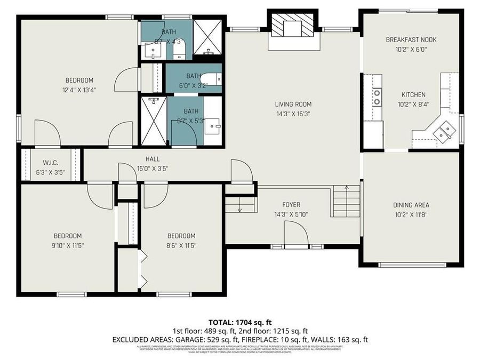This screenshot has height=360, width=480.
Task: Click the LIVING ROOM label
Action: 293,104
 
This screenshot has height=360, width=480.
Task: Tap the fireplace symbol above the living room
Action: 292,26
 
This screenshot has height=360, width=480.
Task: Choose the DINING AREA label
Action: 411,205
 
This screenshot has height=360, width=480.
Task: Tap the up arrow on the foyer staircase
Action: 347,187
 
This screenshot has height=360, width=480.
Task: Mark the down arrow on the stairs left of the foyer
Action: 239,209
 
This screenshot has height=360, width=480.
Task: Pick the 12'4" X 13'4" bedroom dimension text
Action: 79,90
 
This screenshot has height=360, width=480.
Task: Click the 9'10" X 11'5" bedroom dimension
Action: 67,245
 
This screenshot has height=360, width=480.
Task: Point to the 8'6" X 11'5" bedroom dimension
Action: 181,245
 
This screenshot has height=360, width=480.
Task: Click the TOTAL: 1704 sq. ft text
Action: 240,322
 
